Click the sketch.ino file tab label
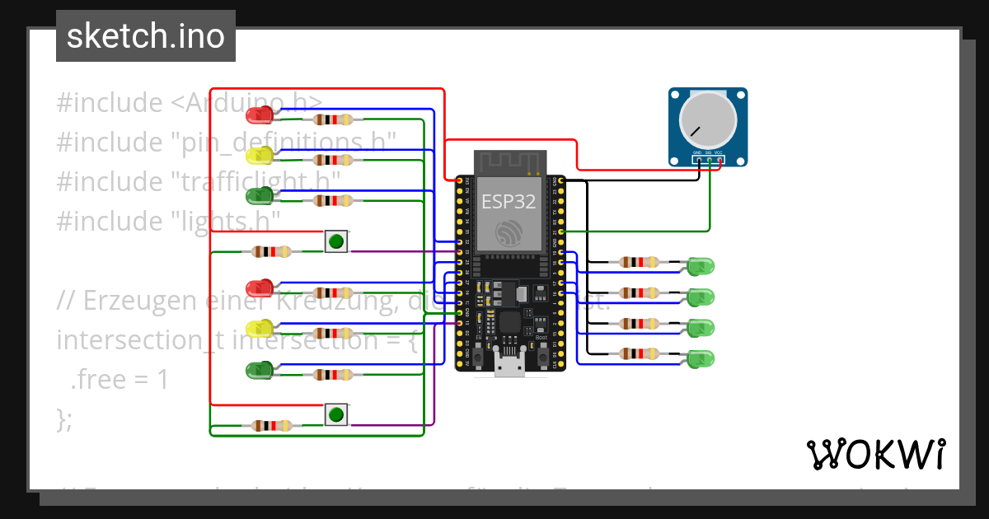[x=145, y=36]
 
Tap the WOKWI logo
[x=875, y=454]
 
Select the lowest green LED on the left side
[x=259, y=370]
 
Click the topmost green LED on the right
[x=701, y=266]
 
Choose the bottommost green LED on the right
[x=701, y=359]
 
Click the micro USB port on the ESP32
[x=509, y=366]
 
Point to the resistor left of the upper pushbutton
[x=271, y=251]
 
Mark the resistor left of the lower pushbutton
[x=271, y=426]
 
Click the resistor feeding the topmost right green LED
[x=639, y=263]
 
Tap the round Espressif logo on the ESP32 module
[x=509, y=231]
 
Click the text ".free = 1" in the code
[x=119, y=380]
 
